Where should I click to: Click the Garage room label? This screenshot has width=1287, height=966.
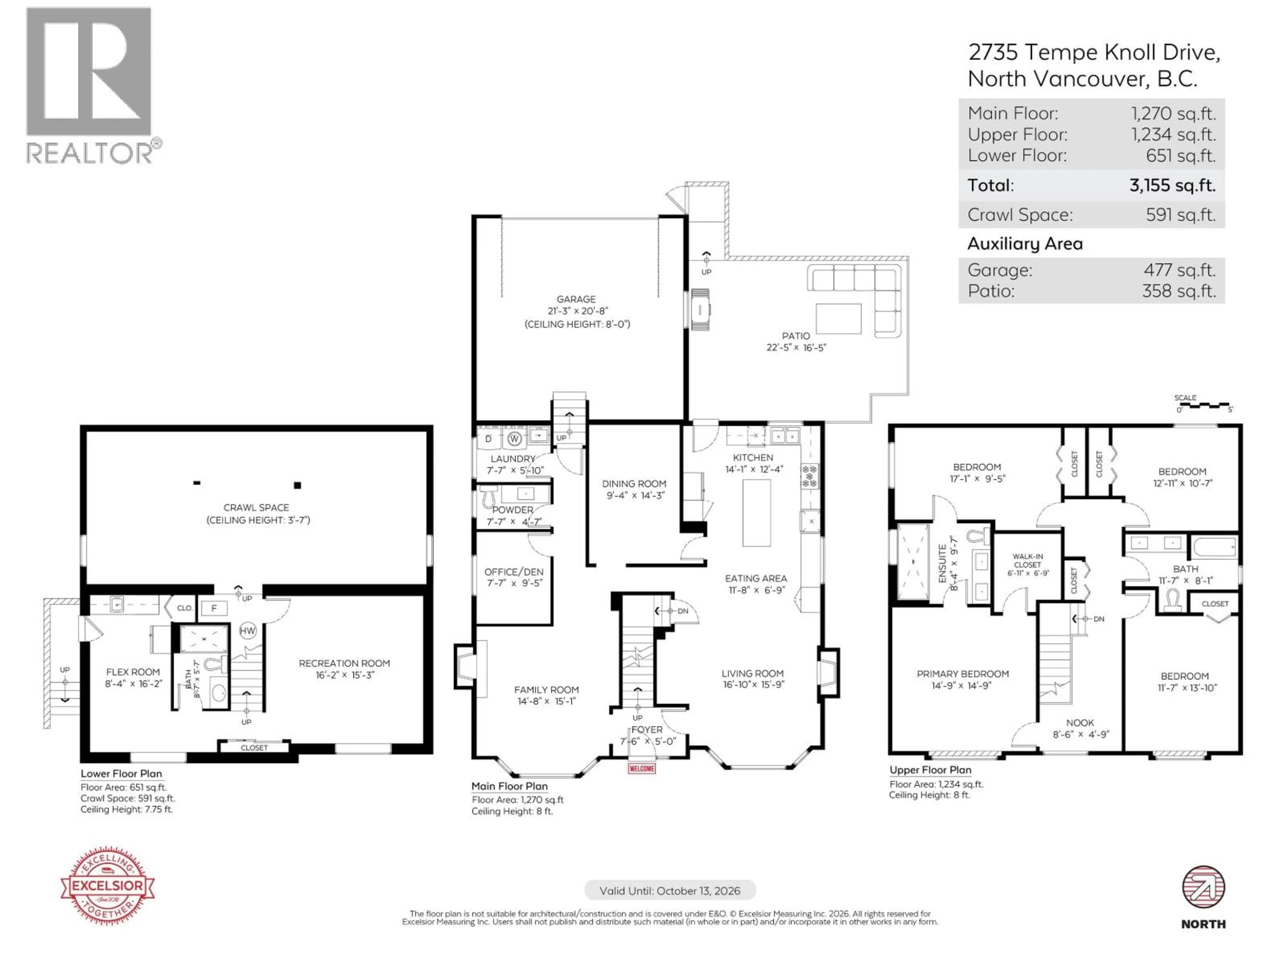(x=576, y=299)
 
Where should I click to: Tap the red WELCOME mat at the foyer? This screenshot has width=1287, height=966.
(x=642, y=769)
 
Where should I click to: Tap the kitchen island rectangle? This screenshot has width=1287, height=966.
(x=756, y=513)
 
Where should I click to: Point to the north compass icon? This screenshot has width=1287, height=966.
(x=1203, y=888)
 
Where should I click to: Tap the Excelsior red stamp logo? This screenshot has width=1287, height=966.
(x=108, y=885)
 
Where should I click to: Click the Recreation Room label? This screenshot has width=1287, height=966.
(x=345, y=663)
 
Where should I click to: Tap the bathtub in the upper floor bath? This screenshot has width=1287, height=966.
(x=1214, y=547)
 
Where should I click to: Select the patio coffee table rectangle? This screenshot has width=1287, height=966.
(x=839, y=319)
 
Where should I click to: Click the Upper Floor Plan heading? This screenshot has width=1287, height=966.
(x=930, y=770)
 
